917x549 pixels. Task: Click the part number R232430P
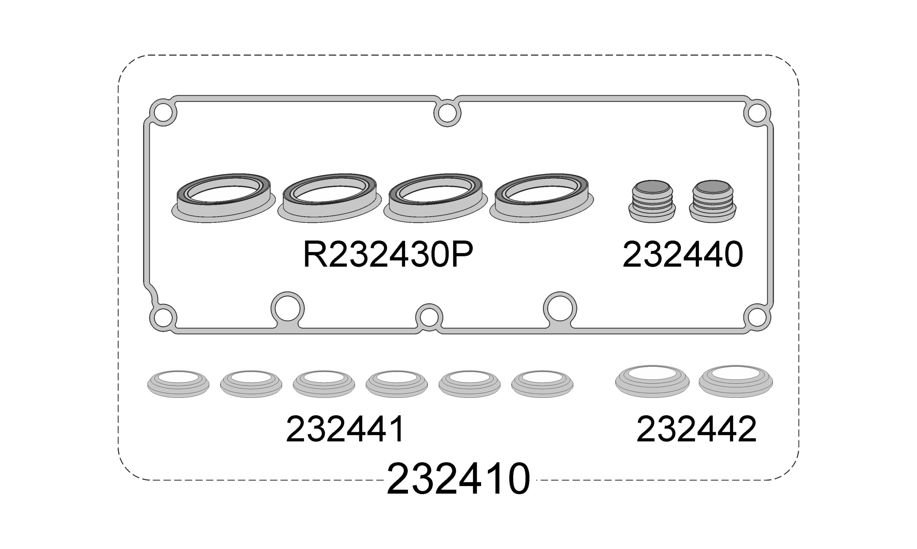coord(388,255)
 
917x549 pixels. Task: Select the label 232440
coord(682,255)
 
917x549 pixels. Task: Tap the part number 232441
coord(346,429)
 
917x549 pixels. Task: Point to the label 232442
coord(696,429)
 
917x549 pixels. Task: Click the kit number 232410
coord(458,479)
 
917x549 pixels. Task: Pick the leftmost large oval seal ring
coord(224,198)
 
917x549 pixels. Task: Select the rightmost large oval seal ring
coord(542,198)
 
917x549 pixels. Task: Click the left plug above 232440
coord(652,201)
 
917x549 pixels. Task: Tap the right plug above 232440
coord(712,201)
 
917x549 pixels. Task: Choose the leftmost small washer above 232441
coord(178,384)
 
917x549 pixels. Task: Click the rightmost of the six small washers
coord(542,384)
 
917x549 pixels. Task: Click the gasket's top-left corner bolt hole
coord(163,112)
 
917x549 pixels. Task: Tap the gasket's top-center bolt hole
coord(447,113)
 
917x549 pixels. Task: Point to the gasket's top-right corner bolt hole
coord(757,113)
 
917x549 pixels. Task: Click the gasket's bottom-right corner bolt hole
coord(757,317)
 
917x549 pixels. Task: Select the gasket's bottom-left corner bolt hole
coord(163,317)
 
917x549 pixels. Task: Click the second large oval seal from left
coord(329,198)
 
